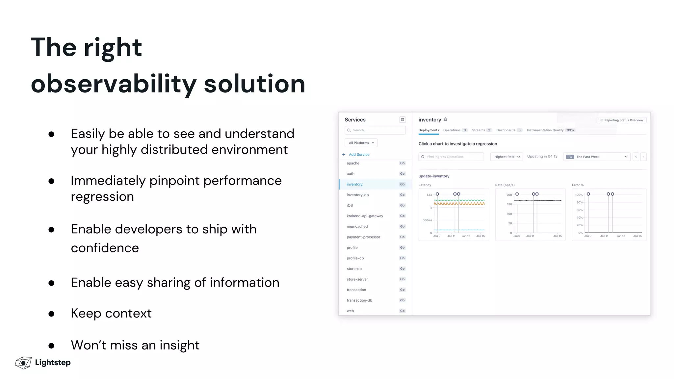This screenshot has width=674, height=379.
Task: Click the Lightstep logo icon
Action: (23, 363)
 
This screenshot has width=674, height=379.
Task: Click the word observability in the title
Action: (114, 84)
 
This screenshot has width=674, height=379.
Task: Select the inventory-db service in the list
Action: (358, 195)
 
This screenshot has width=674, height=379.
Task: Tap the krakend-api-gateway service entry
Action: (365, 216)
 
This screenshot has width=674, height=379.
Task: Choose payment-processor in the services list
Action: (363, 237)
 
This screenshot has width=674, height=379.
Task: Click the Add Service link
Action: (359, 154)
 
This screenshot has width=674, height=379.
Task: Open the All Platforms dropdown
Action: (361, 143)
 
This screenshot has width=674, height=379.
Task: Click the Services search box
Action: (375, 130)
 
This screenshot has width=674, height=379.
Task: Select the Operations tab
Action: (452, 130)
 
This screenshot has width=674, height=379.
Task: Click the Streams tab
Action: (479, 130)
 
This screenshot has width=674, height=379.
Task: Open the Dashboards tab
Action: (506, 130)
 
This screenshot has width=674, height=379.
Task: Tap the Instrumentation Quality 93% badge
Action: (570, 130)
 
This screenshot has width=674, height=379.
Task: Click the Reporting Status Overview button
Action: (621, 120)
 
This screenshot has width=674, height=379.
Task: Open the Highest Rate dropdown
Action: (506, 157)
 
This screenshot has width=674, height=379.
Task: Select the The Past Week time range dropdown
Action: (597, 157)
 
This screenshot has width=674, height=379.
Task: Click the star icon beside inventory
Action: (446, 119)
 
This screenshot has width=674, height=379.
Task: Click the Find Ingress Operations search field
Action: (451, 157)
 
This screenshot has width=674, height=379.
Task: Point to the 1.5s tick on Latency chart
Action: (429, 195)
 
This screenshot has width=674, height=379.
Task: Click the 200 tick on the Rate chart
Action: (509, 195)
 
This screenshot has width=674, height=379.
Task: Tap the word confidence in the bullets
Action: (105, 248)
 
